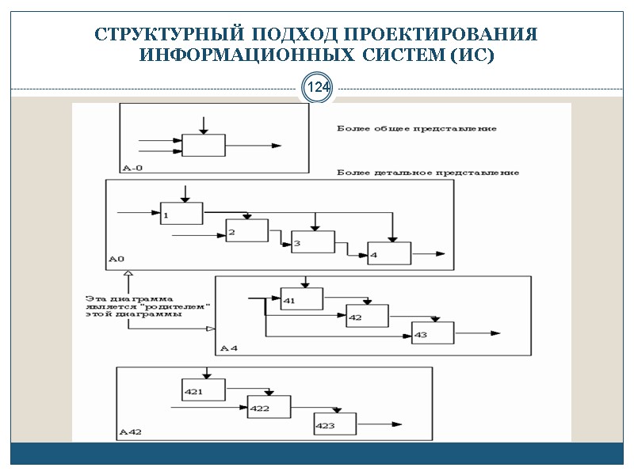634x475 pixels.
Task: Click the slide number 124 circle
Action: coord(318,88)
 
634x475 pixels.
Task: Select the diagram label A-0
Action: coord(132,167)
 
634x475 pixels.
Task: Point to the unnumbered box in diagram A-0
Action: coord(204,146)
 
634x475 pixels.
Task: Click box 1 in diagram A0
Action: coord(181,213)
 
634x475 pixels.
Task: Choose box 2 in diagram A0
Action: coord(246,230)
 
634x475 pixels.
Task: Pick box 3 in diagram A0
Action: coord(313,241)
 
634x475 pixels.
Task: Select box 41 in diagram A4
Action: coord(302,299)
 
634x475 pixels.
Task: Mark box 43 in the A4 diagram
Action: coord(433,333)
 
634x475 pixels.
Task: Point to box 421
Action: coord(204,390)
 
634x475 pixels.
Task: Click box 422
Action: coord(269,406)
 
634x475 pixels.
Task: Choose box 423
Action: coord(334,424)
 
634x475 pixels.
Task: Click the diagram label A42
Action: coord(130,432)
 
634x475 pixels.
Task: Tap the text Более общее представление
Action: coord(417,128)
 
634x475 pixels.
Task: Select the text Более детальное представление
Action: coord(428,173)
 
